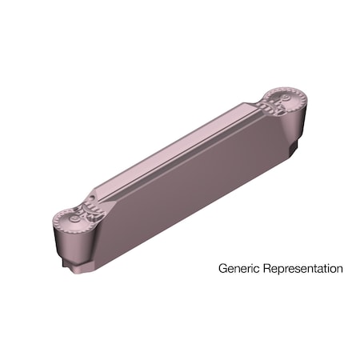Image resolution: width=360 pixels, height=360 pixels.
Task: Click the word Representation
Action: tap(303, 269)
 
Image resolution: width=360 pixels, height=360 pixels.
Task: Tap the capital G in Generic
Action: tap(223, 269)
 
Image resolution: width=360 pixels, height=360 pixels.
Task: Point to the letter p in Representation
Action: tap(282, 270)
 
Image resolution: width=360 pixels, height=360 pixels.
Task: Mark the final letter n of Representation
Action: tap(338, 269)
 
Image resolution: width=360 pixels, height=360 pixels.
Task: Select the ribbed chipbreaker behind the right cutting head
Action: tap(266, 106)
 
